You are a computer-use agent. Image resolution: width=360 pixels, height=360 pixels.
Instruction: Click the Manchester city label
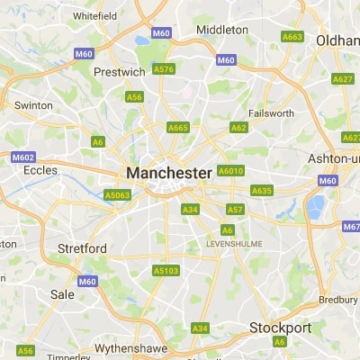(169, 172)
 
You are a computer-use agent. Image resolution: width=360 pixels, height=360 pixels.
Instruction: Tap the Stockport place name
(280, 327)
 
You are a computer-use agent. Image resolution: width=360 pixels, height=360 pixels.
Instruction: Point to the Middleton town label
(222, 30)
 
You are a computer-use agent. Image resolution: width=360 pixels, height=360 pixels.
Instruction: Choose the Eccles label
(40, 169)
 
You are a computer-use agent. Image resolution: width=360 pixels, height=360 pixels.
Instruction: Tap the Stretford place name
(82, 248)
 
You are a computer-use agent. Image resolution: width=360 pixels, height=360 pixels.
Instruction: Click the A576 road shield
(164, 69)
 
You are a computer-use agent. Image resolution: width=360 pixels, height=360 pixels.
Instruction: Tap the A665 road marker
(178, 128)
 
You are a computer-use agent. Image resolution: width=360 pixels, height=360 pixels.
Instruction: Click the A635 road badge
(262, 191)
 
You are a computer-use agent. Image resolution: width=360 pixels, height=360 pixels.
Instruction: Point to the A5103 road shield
(166, 270)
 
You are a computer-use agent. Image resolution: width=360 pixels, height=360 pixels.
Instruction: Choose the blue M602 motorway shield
(22, 157)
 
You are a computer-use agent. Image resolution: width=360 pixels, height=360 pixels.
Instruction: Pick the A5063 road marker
(118, 193)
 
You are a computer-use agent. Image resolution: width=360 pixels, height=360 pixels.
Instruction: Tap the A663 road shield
(292, 37)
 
